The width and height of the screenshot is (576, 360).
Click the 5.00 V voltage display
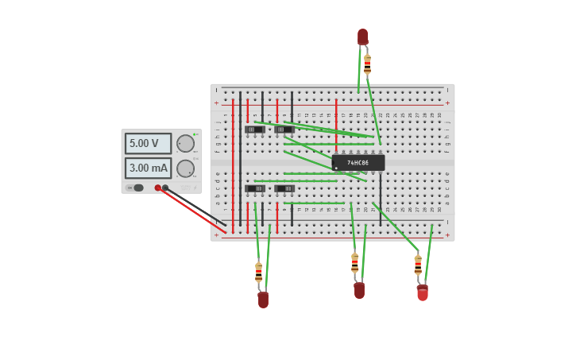click(x=148, y=144)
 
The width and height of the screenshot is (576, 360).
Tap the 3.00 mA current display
click(x=148, y=168)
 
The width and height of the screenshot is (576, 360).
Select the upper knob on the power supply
click(x=185, y=144)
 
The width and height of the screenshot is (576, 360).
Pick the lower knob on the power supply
click(x=185, y=168)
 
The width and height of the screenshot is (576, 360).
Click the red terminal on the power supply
click(x=158, y=188)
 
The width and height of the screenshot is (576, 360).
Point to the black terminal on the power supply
click(x=165, y=188)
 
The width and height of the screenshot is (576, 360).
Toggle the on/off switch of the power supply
click(x=137, y=188)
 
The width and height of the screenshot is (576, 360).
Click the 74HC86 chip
click(x=358, y=162)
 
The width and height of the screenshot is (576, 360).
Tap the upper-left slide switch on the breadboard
click(x=254, y=129)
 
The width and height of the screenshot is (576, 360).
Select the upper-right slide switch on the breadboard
click(x=284, y=129)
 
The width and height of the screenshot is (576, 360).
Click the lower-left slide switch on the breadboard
click(x=255, y=188)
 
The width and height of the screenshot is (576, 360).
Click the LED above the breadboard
click(x=362, y=37)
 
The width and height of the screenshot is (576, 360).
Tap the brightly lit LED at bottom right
click(x=423, y=293)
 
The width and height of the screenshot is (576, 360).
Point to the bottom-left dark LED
click(x=263, y=299)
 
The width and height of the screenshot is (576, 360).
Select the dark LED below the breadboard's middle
click(x=359, y=290)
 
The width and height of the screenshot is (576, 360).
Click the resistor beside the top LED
click(x=367, y=63)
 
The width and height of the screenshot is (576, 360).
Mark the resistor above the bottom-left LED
click(x=258, y=272)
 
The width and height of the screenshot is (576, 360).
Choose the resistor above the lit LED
click(x=418, y=265)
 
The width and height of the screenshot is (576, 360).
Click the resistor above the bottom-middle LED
click(x=354, y=263)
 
